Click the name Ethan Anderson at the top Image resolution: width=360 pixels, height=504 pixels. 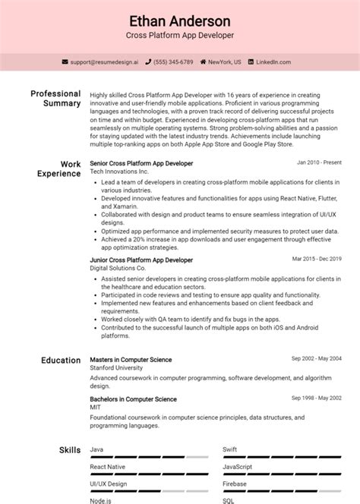(x=180, y=20)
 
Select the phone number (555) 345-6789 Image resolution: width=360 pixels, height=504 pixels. (x=173, y=61)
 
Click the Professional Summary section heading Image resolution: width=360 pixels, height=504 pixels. (x=55, y=98)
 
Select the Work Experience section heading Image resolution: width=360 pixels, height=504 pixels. (x=59, y=168)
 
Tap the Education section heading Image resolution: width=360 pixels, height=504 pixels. (x=61, y=361)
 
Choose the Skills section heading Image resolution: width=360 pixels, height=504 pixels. (x=70, y=451)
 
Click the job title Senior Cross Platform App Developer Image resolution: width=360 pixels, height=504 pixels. (x=141, y=163)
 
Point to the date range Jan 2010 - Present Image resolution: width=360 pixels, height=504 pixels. (x=319, y=163)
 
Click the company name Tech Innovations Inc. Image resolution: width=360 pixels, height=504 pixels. (x=120, y=172)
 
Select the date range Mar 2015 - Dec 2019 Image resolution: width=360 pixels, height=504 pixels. (x=317, y=260)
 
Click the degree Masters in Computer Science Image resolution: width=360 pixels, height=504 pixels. (x=131, y=360)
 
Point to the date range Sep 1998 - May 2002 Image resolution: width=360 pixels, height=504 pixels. (x=317, y=398)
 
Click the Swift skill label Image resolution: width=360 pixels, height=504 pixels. (x=229, y=450)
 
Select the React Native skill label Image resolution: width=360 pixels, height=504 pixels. (x=108, y=467)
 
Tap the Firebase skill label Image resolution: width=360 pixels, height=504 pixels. (x=234, y=484)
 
